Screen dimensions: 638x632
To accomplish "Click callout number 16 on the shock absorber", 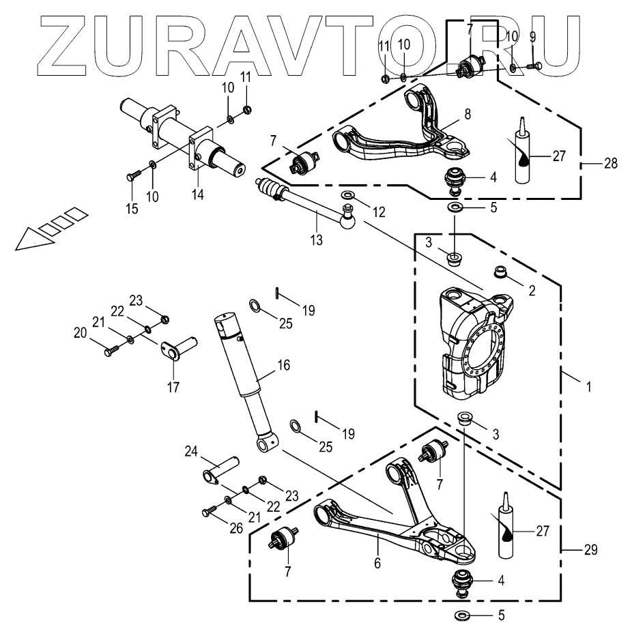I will (x=283, y=365).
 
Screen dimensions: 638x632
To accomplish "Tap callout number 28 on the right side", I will (x=612, y=164).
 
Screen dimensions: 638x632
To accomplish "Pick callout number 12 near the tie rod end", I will (x=379, y=212).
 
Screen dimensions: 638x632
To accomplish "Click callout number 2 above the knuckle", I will (x=532, y=290).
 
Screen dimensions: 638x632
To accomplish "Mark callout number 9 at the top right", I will (x=532, y=35).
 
